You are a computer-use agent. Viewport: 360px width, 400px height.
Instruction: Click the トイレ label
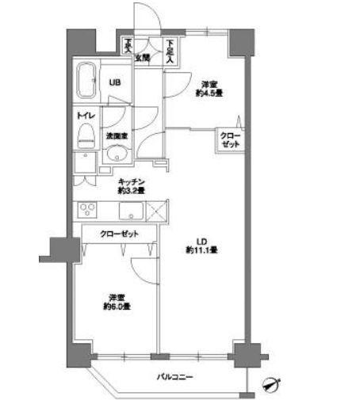84,116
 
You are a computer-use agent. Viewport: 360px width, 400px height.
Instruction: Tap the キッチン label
131,181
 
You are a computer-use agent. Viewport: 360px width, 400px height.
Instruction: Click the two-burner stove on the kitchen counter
86,211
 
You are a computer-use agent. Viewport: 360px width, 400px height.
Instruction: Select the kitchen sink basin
131,211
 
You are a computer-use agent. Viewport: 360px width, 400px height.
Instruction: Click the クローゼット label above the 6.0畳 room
119,234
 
